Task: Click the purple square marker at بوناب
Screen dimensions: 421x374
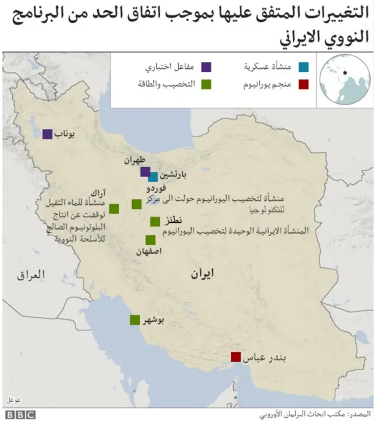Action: [x=47, y=134]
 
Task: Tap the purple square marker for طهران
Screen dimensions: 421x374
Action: [x=145, y=171]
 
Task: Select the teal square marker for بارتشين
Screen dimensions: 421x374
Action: [x=153, y=176]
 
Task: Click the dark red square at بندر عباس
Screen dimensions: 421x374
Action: [x=236, y=357]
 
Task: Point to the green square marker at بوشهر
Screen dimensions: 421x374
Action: [x=134, y=319]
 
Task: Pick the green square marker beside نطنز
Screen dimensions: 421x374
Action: [x=155, y=221]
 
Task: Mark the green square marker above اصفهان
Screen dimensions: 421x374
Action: [x=150, y=239]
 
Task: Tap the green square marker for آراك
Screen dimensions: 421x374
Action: [x=114, y=208]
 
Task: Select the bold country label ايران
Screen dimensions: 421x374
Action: [x=202, y=273]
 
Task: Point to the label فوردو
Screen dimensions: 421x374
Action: [x=159, y=189]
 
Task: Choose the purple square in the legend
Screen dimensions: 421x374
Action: [x=206, y=66]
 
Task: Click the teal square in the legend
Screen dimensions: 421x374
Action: [x=306, y=66]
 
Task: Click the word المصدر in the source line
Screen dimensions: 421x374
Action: [x=359, y=415]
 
